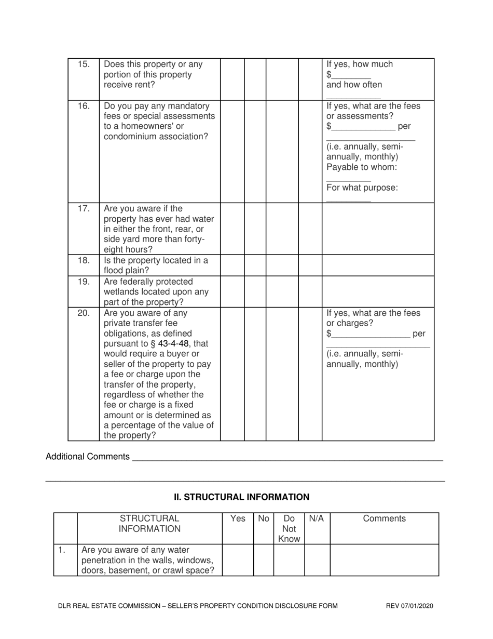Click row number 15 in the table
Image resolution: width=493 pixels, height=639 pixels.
coord(84,65)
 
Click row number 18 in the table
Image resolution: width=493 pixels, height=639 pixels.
coord(84,261)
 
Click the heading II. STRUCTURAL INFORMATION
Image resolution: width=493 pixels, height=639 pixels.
coord(241,497)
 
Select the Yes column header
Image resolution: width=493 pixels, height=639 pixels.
coord(238,518)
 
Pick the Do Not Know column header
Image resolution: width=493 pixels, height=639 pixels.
coord(289,529)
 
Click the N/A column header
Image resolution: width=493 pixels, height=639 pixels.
coord(317,518)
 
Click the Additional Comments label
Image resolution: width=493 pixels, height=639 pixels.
coord(88,457)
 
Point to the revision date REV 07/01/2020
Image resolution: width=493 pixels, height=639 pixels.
coord(409,606)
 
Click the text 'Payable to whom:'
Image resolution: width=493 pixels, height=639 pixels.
coord(362,167)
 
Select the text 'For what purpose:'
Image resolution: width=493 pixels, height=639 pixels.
coord(362,188)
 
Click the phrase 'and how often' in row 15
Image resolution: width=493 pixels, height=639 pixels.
coord(354,85)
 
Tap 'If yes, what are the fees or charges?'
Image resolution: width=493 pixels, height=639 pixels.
coord(374,318)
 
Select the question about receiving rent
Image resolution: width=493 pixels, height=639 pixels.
coord(153,74)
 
